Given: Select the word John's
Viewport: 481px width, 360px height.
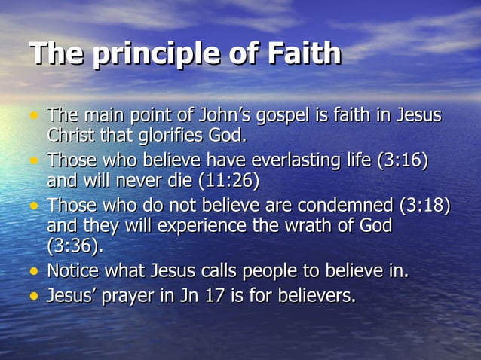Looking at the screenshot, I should point(241,117).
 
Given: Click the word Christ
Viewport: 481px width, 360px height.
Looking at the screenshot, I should point(71,136).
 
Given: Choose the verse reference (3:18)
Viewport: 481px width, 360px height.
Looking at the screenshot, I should point(425,206).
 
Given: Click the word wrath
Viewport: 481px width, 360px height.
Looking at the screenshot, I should point(293,226).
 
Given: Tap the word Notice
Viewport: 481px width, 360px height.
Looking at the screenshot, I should point(72,270).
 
